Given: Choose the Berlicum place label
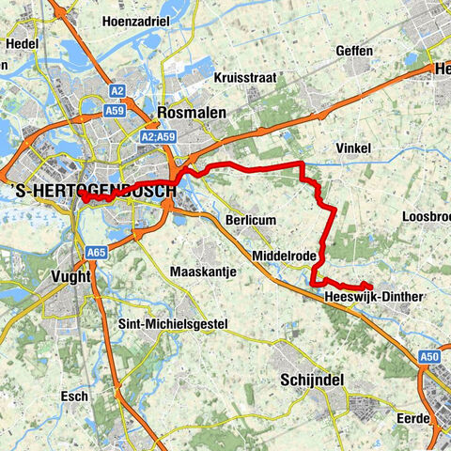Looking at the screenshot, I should (x=249, y=219).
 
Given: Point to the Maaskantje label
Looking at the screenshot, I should (x=201, y=272).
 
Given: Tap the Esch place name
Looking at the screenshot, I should (x=74, y=397).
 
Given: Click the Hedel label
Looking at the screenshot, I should (x=20, y=43).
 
